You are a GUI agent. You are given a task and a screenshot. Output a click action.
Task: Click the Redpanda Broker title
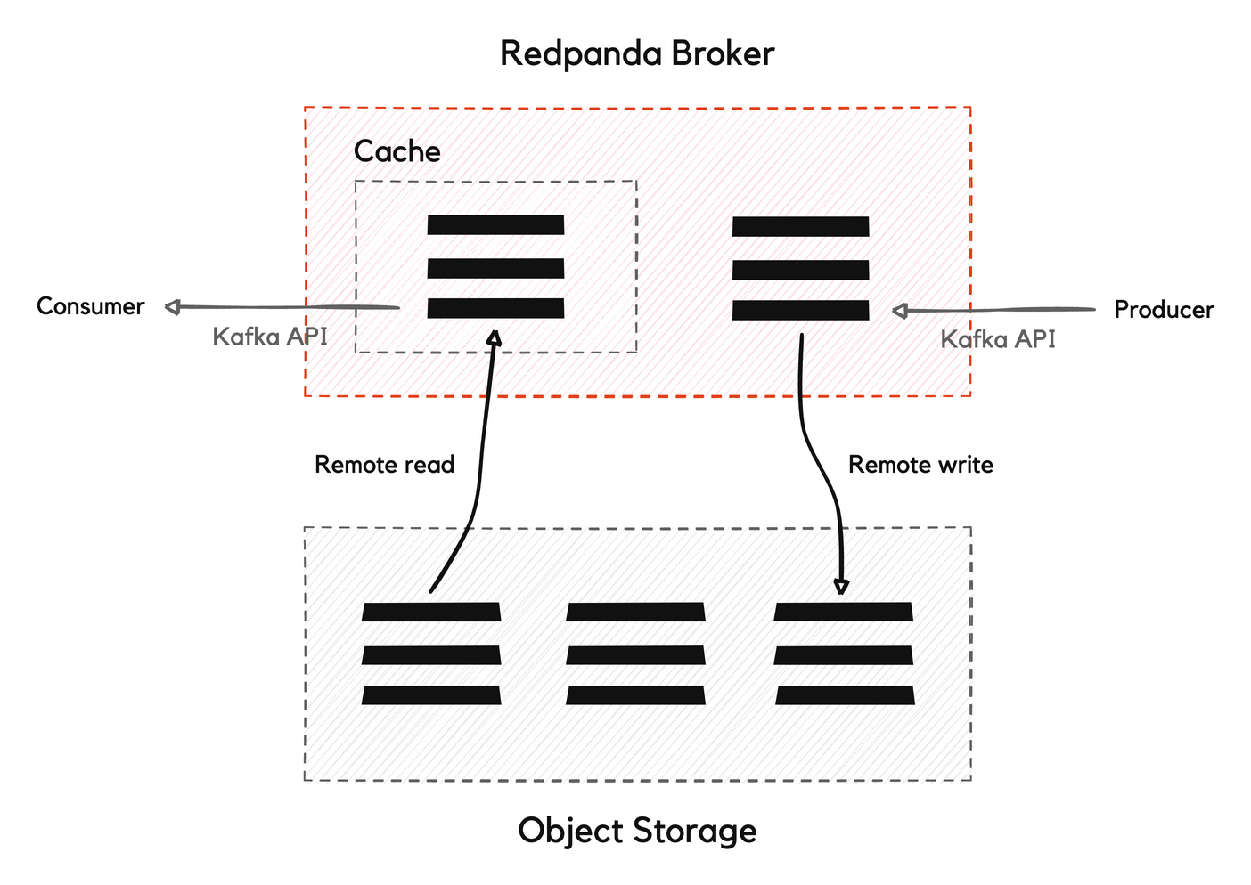click(637, 53)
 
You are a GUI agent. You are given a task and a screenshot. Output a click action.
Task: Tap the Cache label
click(397, 151)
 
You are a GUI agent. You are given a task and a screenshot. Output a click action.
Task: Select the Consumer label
click(90, 306)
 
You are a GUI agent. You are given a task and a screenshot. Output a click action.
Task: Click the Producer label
click(1164, 310)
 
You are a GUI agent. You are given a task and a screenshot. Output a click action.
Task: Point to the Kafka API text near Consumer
click(270, 337)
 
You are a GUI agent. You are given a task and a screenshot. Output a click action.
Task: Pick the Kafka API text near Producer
click(998, 339)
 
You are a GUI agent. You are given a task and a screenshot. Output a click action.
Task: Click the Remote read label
click(385, 465)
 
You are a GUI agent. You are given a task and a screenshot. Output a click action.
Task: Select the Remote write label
click(920, 465)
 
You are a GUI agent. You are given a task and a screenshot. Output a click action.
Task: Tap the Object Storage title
click(637, 830)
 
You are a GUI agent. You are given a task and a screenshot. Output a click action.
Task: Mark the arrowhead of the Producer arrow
click(900, 311)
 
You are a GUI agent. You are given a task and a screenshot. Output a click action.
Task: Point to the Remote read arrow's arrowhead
click(495, 337)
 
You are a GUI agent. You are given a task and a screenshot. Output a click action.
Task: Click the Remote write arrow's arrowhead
click(841, 586)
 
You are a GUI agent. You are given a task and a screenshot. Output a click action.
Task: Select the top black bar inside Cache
click(495, 224)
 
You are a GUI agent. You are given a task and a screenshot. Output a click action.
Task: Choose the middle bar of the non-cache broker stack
click(800, 270)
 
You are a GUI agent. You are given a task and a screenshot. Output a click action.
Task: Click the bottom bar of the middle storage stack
click(635, 695)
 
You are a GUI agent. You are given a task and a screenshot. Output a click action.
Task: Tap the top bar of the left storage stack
click(431, 612)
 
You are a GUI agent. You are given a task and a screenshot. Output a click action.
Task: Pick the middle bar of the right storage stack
click(844, 655)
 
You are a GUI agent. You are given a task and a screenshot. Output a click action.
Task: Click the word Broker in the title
click(723, 53)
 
